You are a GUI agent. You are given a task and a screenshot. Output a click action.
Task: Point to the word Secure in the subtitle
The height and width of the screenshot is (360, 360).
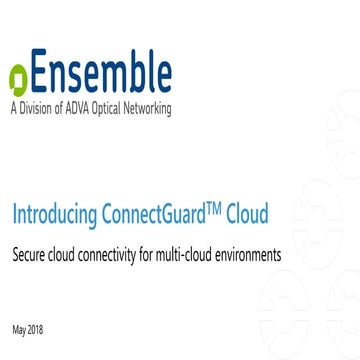[29, 254]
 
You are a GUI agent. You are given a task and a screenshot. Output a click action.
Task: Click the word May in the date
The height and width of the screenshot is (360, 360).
[19, 329]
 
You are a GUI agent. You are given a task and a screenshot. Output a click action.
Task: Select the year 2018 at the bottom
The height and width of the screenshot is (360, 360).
[36, 329]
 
